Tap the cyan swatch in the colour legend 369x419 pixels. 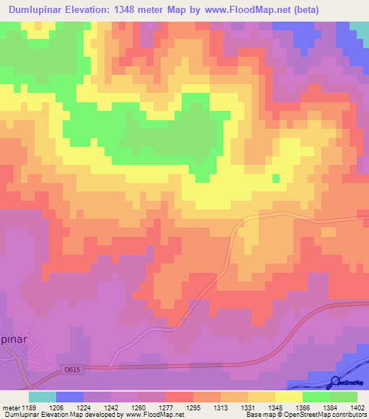[43, 397]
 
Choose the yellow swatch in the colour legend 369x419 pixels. [289, 397]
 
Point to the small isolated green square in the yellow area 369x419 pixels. [275, 178]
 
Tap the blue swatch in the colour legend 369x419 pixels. [70, 397]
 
